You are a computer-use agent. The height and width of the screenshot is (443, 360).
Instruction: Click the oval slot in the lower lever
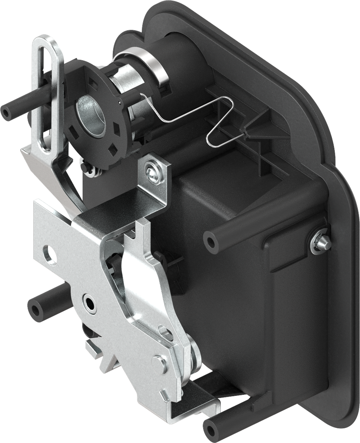pyautogui.click(x=166, y=333)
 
